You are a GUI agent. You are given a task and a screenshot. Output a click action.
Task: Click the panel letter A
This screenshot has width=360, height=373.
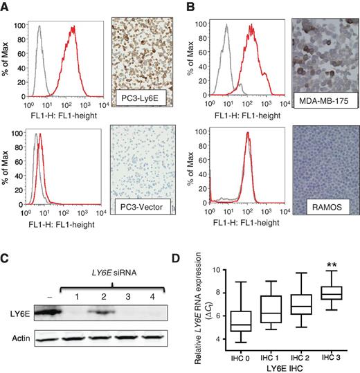click(x=6, y=6)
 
